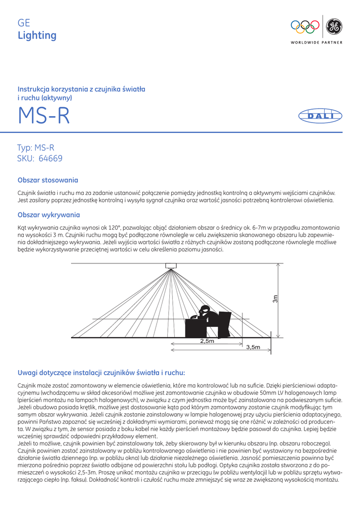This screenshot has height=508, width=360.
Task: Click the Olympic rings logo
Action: coord(305,26)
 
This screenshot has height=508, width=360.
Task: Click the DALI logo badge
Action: coord(320,116)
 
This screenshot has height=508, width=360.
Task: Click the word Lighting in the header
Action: coord(37,35)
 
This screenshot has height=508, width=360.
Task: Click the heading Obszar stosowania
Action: coord(48,180)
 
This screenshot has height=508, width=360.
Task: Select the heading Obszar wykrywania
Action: coord(49,215)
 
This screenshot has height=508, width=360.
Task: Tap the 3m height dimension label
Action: coord(276,299)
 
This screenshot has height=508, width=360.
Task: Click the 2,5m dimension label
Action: coord(207,341)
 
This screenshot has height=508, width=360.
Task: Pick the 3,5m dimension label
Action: coord(253,347)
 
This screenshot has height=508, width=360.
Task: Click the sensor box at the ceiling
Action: coord(172,265)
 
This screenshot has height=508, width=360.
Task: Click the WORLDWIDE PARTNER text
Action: coord(316,43)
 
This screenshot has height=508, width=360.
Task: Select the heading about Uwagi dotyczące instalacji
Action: coord(101,372)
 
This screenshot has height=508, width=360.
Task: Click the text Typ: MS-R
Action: coord(36,148)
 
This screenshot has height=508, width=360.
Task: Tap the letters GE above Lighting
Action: coord(24,23)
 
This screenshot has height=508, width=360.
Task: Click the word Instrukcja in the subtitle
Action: coord(34,89)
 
